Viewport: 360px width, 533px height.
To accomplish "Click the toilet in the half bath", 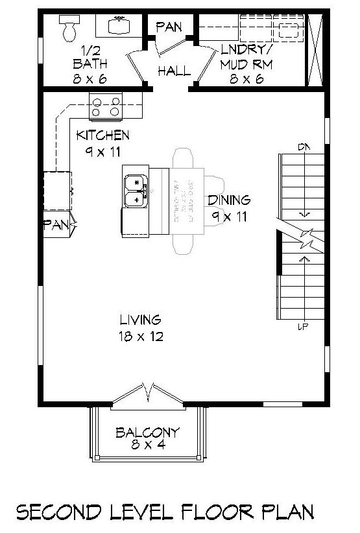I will click(x=68, y=27).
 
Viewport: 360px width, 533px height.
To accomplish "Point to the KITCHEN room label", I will click(x=102, y=136).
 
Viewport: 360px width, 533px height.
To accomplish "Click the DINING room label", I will click(x=228, y=200).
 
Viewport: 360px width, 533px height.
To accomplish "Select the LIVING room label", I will click(x=140, y=320).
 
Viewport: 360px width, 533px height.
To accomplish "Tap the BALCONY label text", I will click(x=147, y=432).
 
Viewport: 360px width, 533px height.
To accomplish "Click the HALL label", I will click(x=174, y=71).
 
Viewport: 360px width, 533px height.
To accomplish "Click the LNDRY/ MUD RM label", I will click(x=245, y=57).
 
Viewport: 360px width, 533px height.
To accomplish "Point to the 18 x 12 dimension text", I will click(x=140, y=337).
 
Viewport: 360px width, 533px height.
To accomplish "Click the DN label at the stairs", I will click(x=302, y=148).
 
